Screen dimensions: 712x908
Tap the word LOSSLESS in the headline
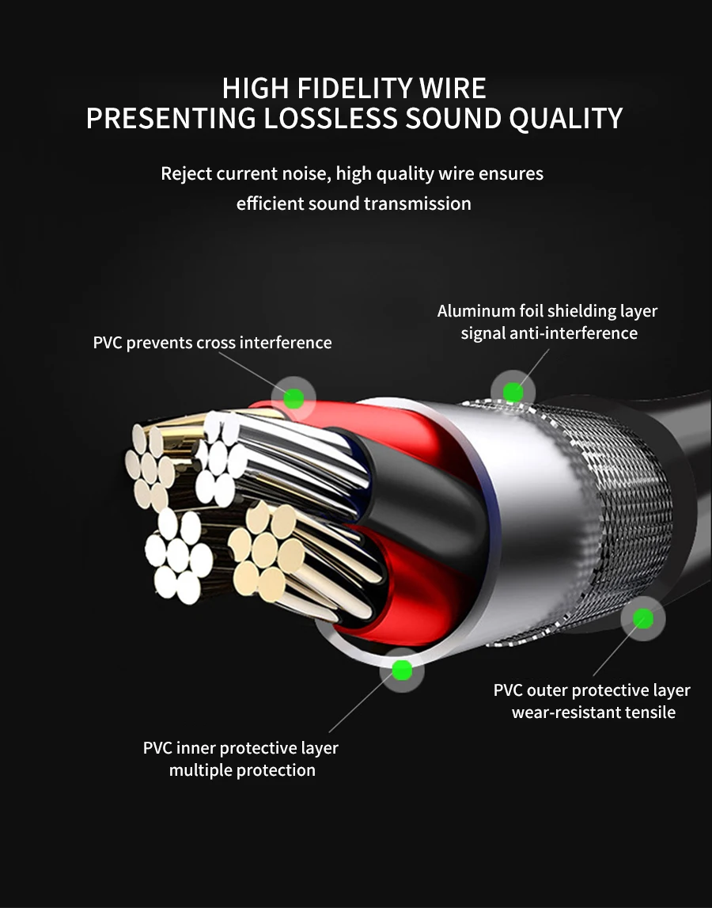(331, 118)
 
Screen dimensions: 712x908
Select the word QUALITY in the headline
(566, 119)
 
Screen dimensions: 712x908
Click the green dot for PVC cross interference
(294, 398)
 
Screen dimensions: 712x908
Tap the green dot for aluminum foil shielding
(513, 393)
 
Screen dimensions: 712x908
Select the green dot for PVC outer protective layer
(642, 619)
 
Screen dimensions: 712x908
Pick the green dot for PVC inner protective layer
(402, 670)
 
